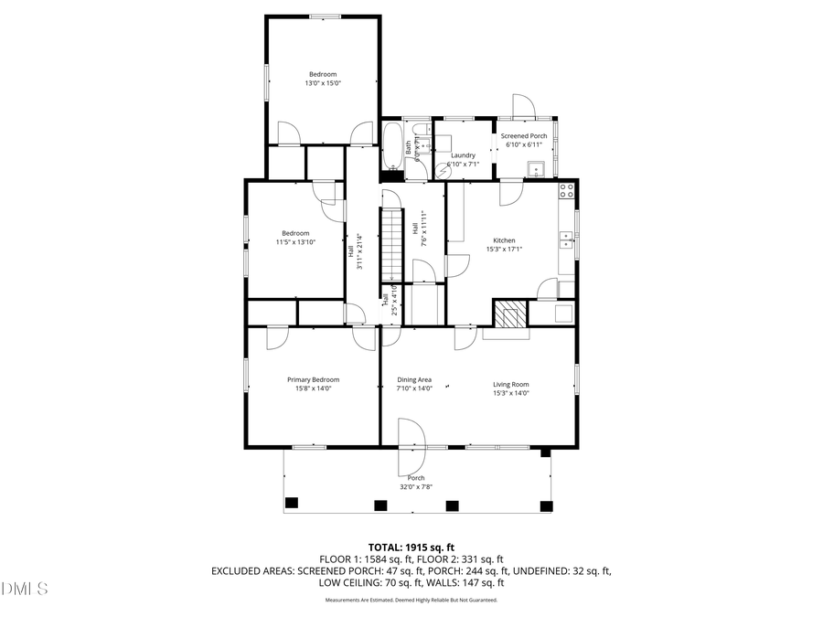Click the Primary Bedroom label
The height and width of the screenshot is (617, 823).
click(x=313, y=379)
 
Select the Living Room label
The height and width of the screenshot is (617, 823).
click(x=511, y=384)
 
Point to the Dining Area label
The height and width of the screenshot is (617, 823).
click(x=413, y=379)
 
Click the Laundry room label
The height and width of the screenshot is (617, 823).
click(x=462, y=155)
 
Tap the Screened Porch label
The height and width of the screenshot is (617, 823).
click(x=524, y=135)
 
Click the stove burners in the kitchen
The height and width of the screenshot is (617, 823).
click(x=566, y=191)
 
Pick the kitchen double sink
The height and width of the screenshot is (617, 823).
click(x=567, y=240)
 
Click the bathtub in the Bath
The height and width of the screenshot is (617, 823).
click(x=390, y=146)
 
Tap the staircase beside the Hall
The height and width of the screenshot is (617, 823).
click(x=391, y=242)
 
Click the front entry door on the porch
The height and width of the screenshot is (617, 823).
click(x=412, y=434)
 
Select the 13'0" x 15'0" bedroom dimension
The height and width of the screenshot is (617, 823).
click(x=322, y=83)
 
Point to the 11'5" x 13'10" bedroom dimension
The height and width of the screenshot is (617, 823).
click(x=295, y=242)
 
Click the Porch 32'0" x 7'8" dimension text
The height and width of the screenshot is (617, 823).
click(x=417, y=487)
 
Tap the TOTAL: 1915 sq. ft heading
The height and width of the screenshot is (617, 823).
click(x=411, y=547)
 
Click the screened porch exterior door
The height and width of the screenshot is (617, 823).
click(x=524, y=106)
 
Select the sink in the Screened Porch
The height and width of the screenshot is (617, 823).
click(x=537, y=167)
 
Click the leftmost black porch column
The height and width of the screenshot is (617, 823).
click(x=292, y=503)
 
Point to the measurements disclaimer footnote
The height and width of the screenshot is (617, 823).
click(x=411, y=601)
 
